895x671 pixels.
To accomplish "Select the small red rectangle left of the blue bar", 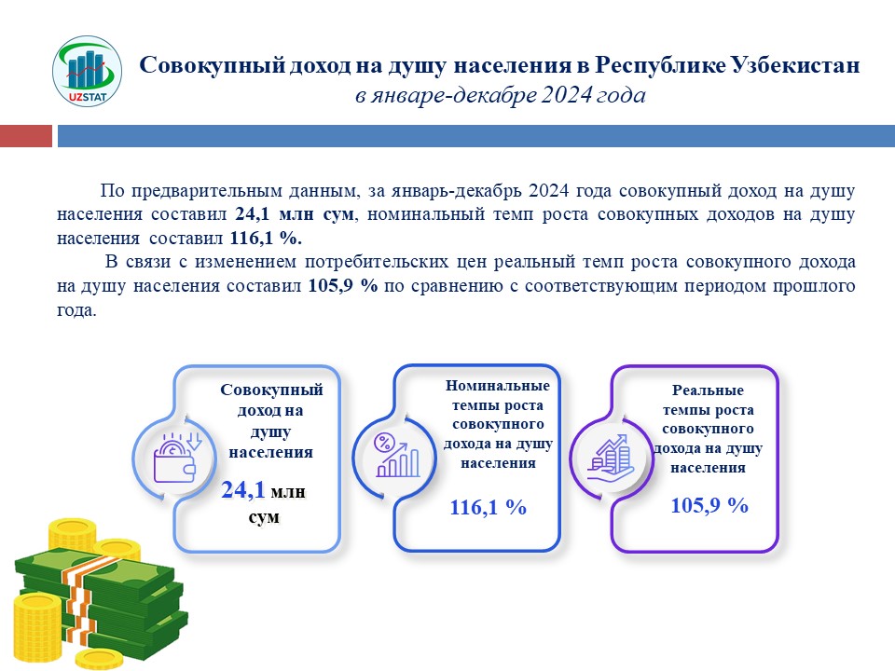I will [24, 136].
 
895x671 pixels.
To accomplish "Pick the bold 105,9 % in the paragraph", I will [341, 285].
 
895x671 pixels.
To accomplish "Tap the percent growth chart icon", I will [395, 454].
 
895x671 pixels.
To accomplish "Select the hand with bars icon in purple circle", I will [608, 456].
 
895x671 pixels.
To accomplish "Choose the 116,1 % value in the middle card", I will [489, 508].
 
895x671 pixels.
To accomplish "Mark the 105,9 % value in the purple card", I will [709, 506].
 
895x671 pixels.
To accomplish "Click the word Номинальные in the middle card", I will [498, 386].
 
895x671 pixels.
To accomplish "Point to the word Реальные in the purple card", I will [708, 390].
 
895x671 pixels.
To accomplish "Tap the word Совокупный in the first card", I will [271, 390].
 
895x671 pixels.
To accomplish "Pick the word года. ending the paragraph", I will [76, 309].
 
